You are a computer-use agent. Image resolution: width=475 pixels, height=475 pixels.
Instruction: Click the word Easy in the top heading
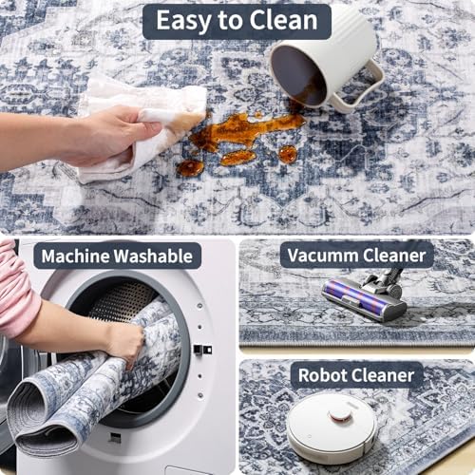pyautogui.click(x=183, y=22)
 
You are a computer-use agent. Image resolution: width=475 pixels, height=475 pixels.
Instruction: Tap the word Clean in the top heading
pyautogui.click(x=283, y=21)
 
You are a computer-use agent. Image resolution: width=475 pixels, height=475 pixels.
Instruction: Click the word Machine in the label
pyautogui.click(x=75, y=256)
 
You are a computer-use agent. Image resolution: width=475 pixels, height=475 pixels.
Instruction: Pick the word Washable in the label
pyautogui.click(x=153, y=256)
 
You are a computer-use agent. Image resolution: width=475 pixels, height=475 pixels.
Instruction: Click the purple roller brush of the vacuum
pyautogui.click(x=354, y=297)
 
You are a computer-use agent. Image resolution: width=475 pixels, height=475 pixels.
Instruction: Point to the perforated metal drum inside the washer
pyautogui.click(x=122, y=299)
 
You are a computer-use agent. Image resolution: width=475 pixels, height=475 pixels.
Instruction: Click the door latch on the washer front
pyautogui.click(x=202, y=350)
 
